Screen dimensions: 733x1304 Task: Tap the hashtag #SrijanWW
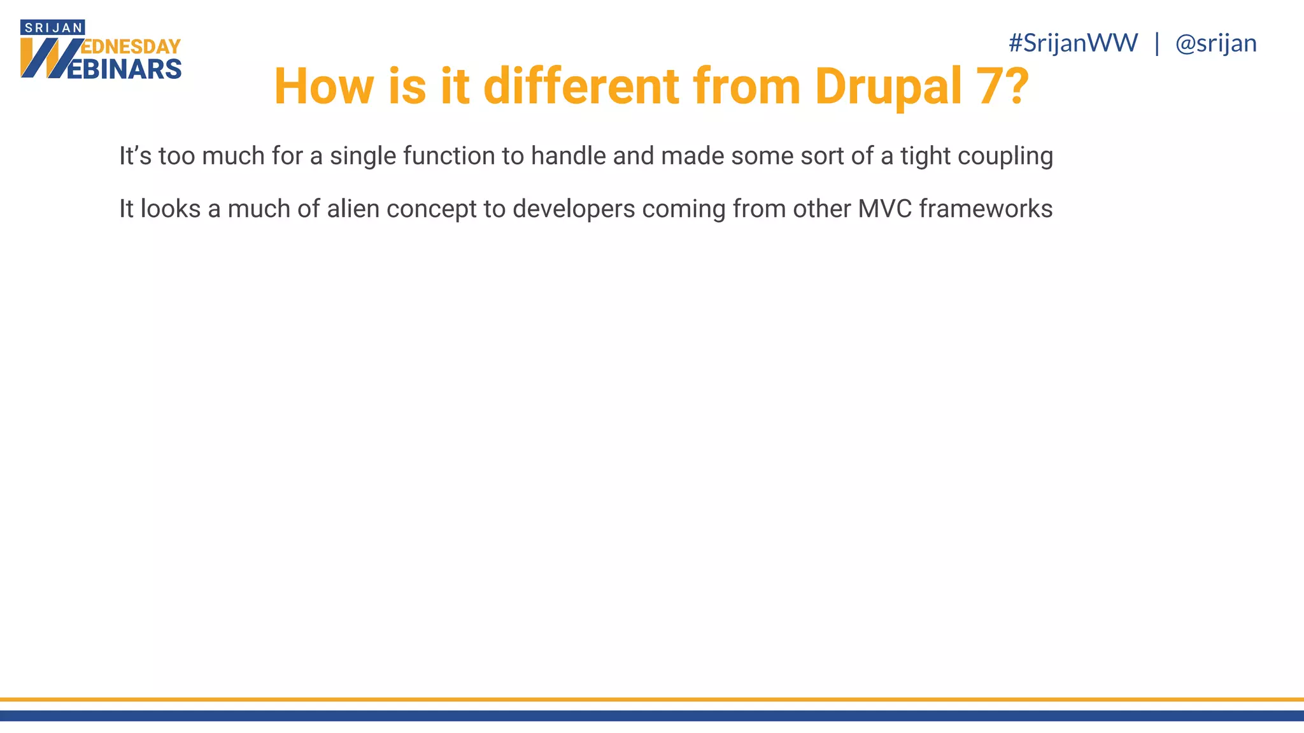(x=1073, y=43)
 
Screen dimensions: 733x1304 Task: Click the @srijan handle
(x=1215, y=43)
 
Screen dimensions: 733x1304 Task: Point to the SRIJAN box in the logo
(x=53, y=28)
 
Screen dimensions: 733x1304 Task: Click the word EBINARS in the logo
(x=124, y=69)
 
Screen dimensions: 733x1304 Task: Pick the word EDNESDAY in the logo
(x=132, y=46)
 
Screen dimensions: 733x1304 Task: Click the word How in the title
(x=323, y=87)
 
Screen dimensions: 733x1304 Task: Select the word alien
(x=353, y=209)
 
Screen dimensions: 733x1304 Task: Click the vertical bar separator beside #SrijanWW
(x=1157, y=43)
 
